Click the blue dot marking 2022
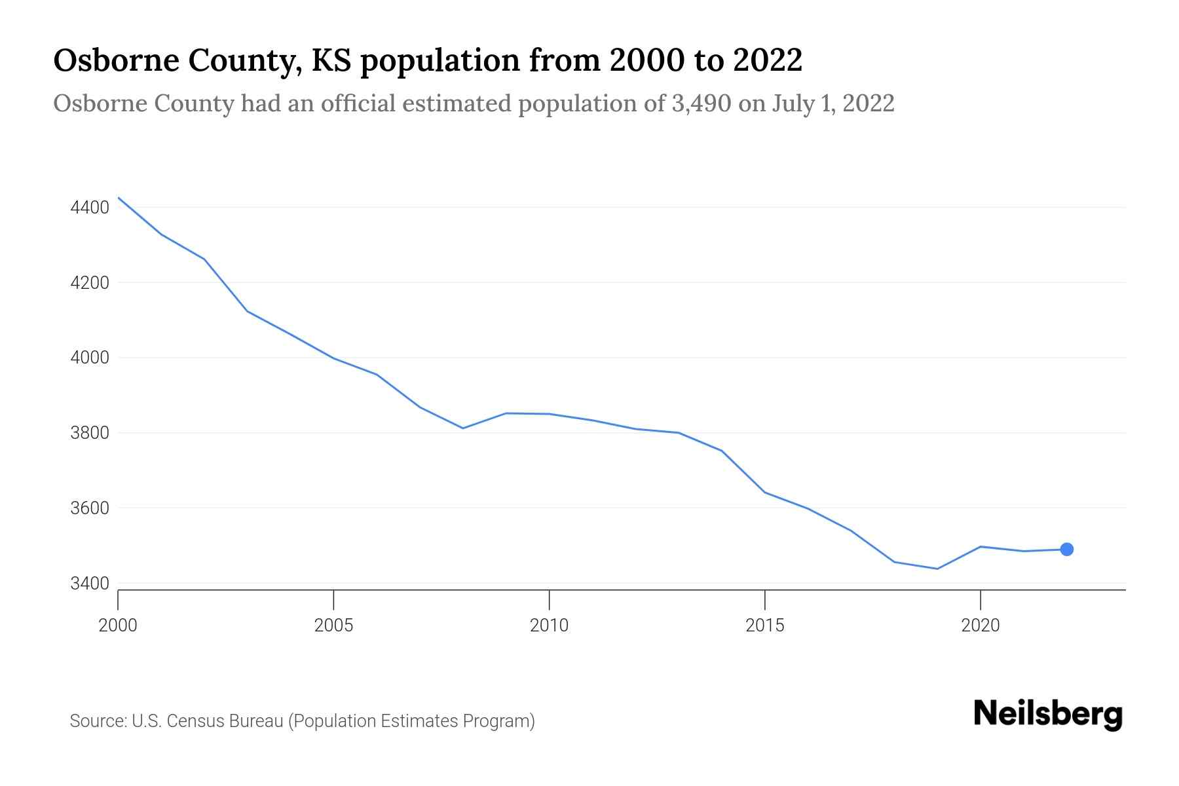tap(1066, 550)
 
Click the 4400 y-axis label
tap(90, 208)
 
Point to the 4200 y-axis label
tap(90, 283)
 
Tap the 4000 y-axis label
tap(90, 358)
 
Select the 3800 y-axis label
tap(90, 433)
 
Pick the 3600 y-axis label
tap(90, 508)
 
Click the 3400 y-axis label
tap(90, 584)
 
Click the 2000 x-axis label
tap(118, 626)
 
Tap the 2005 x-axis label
tap(333, 626)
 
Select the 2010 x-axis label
tap(549, 626)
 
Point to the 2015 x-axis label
tap(764, 626)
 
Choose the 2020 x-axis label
tap(980, 626)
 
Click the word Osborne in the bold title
tap(115, 61)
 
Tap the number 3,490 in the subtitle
tap(701, 103)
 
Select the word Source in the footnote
tap(98, 721)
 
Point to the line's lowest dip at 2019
tap(937, 569)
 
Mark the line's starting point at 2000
tap(119, 198)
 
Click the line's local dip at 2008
tap(463, 428)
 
